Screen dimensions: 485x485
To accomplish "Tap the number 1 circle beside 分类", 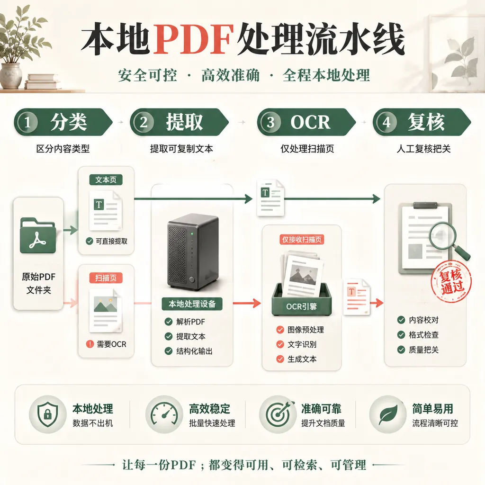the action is point(27,122).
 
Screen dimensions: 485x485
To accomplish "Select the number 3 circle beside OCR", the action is point(270,122).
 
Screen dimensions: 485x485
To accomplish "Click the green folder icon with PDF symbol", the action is point(38,235).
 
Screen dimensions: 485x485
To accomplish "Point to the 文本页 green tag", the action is point(106,180).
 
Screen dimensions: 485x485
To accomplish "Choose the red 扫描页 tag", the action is point(106,278).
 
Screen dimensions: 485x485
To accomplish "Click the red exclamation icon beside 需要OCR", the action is point(90,344).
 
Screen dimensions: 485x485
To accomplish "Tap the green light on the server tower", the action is point(192,234).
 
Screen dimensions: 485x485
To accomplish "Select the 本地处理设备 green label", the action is point(192,304).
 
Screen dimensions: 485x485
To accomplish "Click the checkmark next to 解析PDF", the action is point(169,322).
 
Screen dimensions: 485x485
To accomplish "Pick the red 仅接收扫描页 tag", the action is point(302,239).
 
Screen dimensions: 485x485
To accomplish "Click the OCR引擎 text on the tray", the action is point(301,306).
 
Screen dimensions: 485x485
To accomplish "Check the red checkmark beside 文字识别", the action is point(280,344).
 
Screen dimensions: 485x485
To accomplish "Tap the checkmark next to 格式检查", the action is point(401,335).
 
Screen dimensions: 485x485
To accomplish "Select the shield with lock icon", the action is point(47,414).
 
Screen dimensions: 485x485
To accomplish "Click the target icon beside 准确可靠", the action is point(278,414).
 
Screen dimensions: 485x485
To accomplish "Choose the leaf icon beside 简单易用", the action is point(388,414).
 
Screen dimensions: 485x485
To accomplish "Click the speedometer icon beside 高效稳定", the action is point(164,414).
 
